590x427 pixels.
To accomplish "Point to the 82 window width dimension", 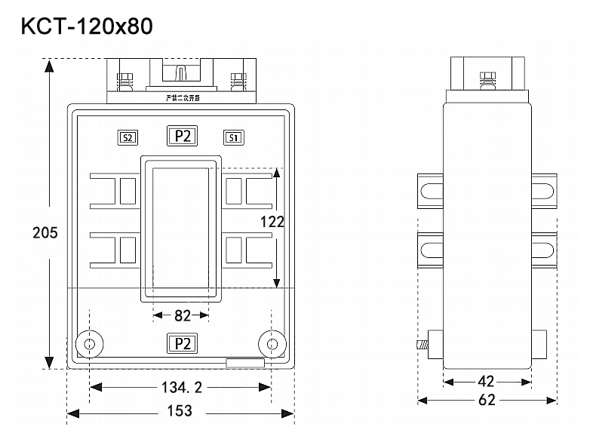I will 182,315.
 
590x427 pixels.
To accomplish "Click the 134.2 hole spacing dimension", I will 180,388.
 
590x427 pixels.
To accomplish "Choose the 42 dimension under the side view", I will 487,382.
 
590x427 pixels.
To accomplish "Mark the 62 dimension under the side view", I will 487,400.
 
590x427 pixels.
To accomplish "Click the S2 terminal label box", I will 128,137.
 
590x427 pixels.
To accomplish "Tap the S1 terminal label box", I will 233,137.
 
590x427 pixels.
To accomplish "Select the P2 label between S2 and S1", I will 181,137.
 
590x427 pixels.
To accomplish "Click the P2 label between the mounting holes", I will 181,344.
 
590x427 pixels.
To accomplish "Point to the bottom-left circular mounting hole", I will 89,345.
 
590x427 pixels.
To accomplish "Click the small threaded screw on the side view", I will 422,346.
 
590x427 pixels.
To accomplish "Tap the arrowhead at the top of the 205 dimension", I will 49,65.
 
